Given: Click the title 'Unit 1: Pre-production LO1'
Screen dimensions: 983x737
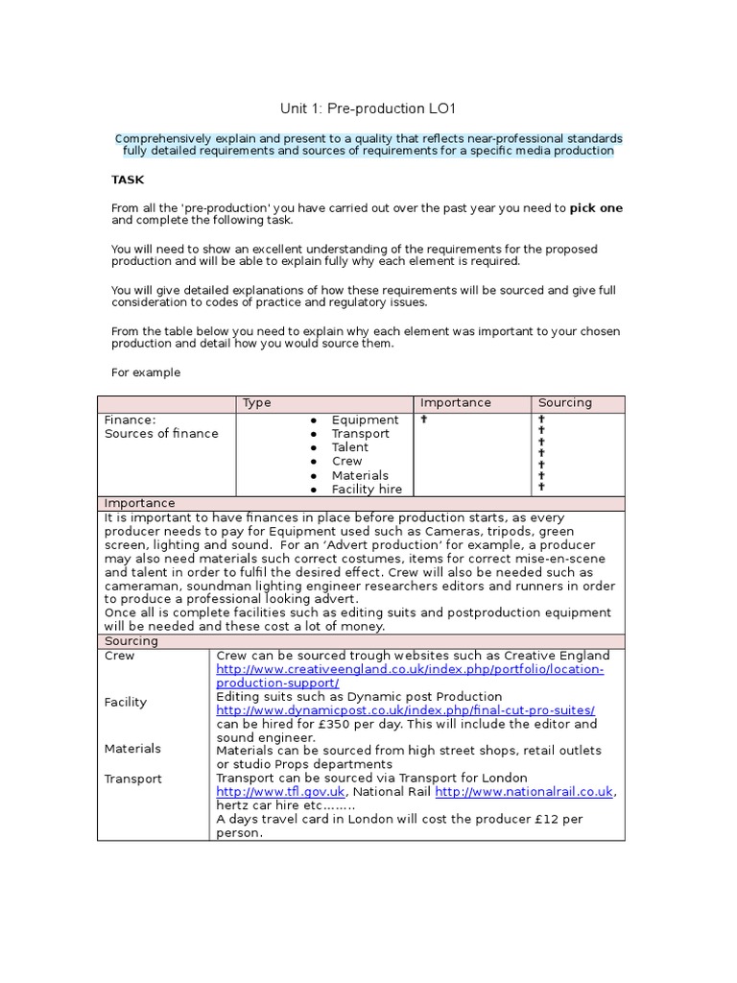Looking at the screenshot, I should point(362,109).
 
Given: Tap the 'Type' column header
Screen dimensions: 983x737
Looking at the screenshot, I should point(257,403).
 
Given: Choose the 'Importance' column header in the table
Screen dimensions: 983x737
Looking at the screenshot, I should point(455,403).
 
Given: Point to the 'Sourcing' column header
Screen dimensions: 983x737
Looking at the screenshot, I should point(565,403).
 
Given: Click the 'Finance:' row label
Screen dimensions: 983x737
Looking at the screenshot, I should point(130,420).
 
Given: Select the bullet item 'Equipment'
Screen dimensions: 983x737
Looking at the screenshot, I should point(365,420).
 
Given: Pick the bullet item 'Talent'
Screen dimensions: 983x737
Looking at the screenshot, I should point(349,447).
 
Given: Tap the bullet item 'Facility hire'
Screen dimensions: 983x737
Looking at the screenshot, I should point(367,490).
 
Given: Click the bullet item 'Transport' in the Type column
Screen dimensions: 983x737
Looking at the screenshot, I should point(360,434).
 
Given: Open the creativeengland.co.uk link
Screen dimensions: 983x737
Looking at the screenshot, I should point(410,676).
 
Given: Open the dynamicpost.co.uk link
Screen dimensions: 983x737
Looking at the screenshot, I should point(405,710).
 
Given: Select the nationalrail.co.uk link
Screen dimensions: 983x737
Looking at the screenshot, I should point(524,792).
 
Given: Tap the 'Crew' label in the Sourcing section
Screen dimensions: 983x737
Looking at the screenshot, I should point(119,657).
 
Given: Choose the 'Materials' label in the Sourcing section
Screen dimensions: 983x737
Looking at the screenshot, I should point(132,749).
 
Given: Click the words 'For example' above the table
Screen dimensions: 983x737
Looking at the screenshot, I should point(145,372).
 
